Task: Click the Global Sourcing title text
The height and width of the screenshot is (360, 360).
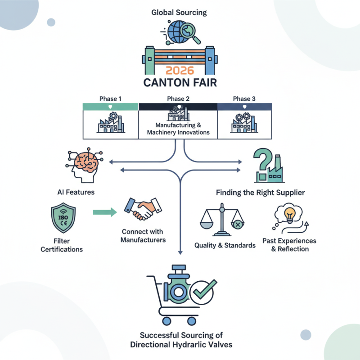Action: (180, 12)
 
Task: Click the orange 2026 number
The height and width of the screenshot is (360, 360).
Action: (180, 71)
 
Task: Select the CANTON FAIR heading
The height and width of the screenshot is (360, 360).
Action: (180, 83)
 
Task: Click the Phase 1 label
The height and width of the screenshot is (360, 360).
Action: (110, 99)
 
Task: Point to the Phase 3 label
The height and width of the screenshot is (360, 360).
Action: (244, 99)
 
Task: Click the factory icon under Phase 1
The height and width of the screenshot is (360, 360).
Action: (110, 123)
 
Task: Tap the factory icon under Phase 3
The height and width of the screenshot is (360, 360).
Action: (244, 123)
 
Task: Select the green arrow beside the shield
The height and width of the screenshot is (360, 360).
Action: (104, 211)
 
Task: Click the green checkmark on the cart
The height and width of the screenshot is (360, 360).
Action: (202, 292)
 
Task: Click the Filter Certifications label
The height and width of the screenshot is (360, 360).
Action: (62, 245)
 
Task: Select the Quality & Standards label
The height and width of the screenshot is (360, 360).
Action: (225, 245)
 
